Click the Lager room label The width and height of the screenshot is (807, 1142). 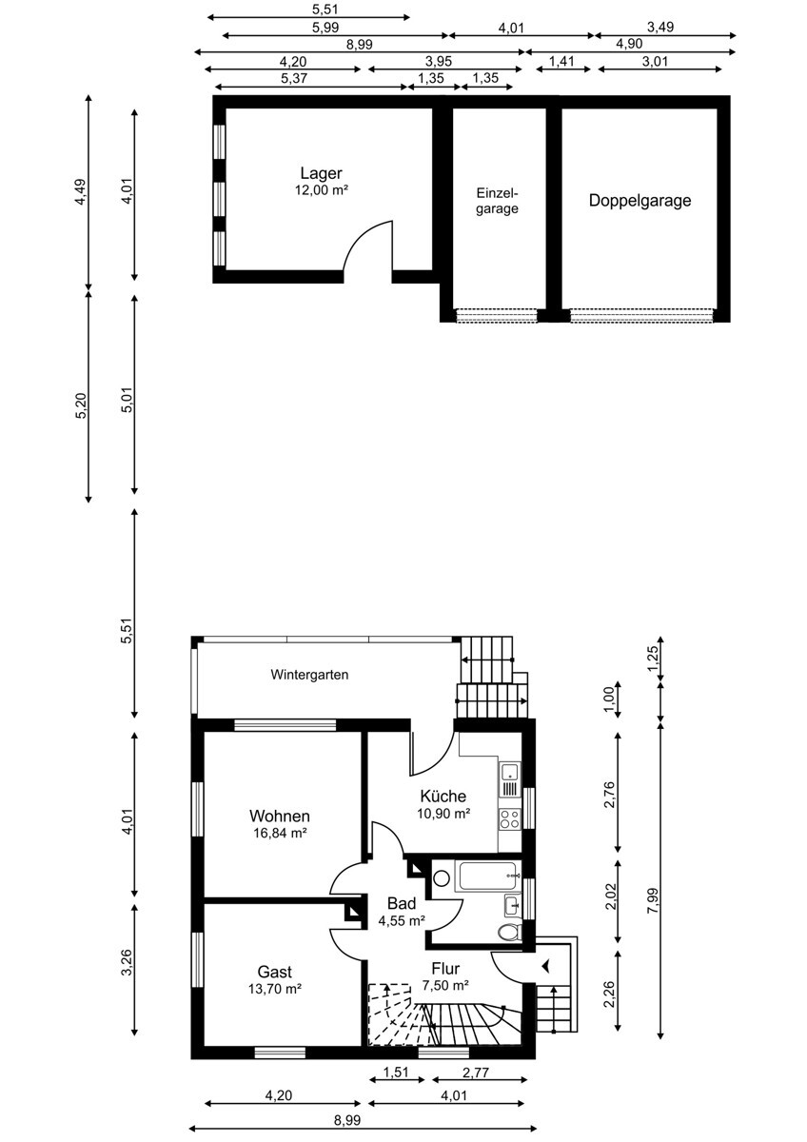click(x=321, y=173)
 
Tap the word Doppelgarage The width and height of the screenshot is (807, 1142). click(x=640, y=201)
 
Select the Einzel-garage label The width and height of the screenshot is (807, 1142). click(x=497, y=201)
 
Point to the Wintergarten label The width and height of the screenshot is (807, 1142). click(x=309, y=675)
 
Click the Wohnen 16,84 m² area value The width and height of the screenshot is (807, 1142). click(x=280, y=834)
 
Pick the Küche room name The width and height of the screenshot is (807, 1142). click(x=443, y=796)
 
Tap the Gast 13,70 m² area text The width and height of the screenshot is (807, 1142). click(x=275, y=989)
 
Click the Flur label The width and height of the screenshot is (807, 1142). click(x=445, y=968)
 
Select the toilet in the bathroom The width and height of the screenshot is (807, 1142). click(x=510, y=931)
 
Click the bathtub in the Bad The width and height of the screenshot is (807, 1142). click(x=491, y=876)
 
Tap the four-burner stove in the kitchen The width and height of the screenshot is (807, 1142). click(x=510, y=819)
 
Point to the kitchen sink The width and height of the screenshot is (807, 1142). click(x=510, y=779)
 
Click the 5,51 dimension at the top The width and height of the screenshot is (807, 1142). click(x=325, y=10)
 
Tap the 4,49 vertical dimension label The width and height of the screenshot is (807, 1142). click(x=81, y=191)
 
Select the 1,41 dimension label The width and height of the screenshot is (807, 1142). click(x=561, y=62)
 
